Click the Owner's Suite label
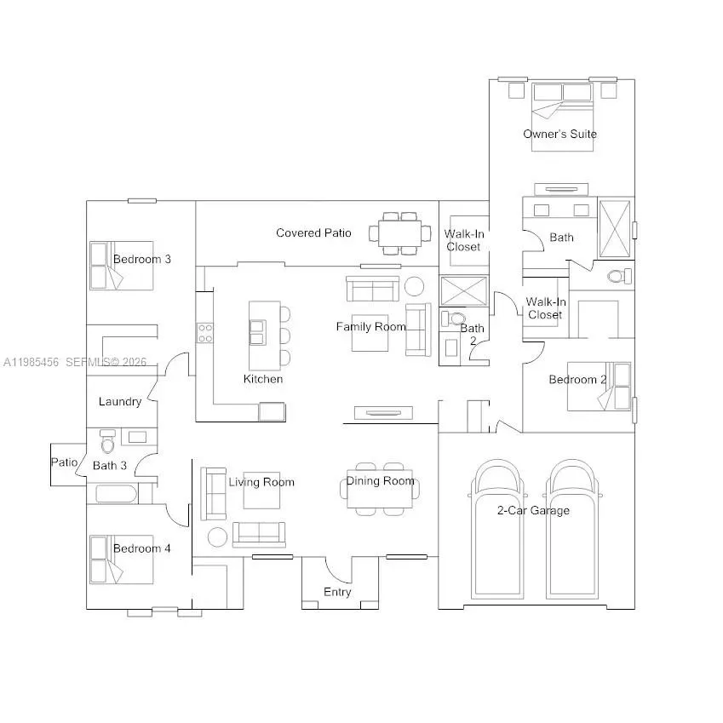point(559,134)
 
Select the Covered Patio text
point(313,232)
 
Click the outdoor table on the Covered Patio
point(399,233)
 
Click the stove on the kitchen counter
point(205,332)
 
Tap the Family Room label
point(370,326)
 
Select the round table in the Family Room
point(415,285)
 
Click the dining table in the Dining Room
point(380,490)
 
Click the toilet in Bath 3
point(107,443)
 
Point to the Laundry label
point(119,402)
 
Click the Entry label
point(337,592)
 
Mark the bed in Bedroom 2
point(601,386)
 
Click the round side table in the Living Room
point(218,537)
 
